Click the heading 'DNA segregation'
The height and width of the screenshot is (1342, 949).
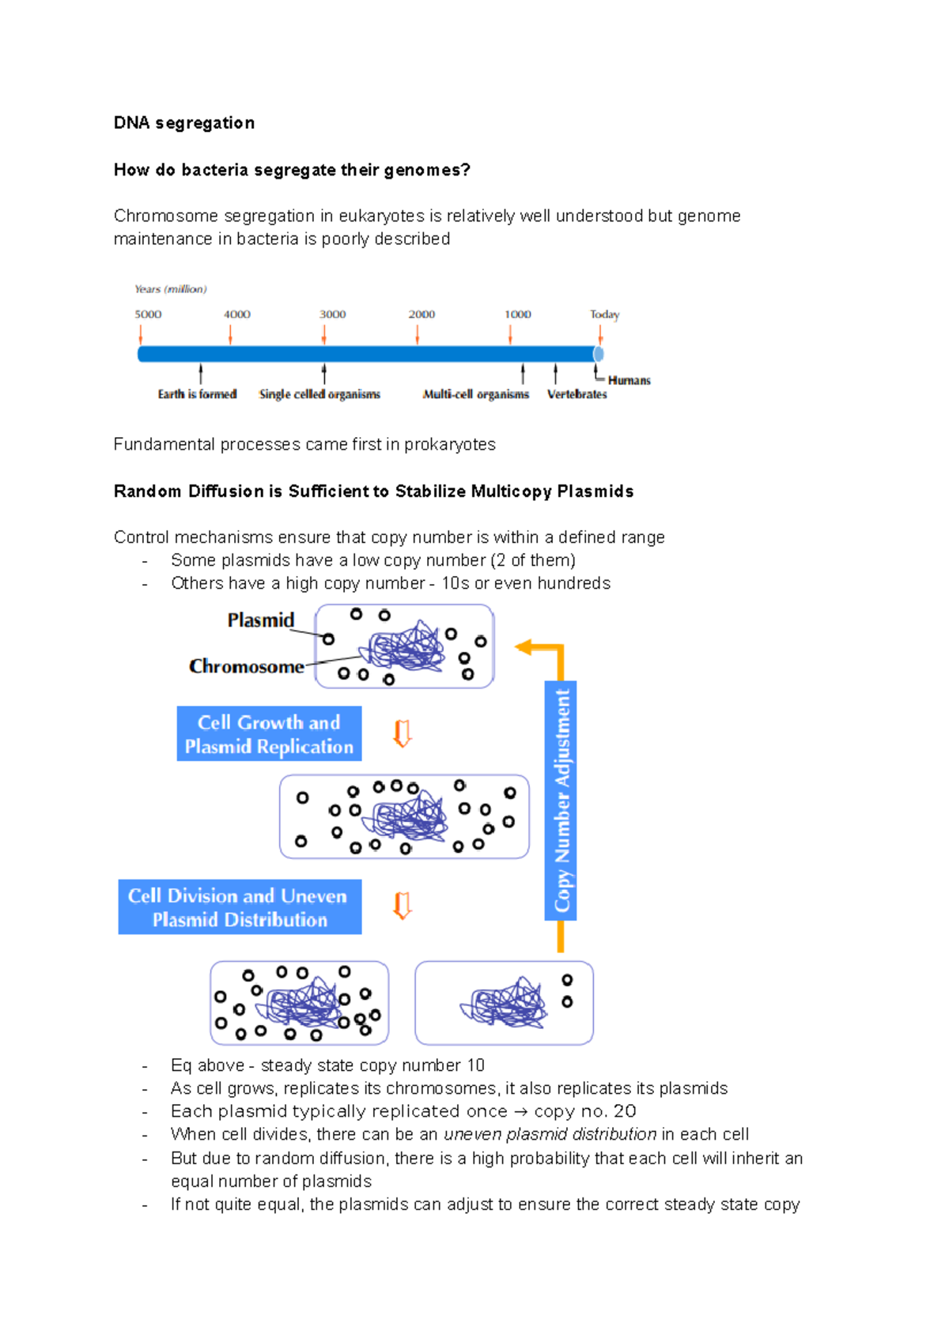(183, 123)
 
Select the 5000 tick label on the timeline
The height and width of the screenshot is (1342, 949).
(148, 315)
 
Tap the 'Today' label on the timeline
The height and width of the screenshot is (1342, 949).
(604, 315)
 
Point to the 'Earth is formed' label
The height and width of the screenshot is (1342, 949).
(197, 394)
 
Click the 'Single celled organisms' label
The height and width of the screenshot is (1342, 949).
(319, 394)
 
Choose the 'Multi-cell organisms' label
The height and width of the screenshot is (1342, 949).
(475, 394)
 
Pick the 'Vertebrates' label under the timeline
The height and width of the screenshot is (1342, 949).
(577, 394)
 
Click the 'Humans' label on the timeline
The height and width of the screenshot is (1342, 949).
(629, 380)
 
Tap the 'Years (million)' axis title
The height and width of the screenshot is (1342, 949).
(171, 289)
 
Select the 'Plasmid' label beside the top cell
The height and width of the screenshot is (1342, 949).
(260, 620)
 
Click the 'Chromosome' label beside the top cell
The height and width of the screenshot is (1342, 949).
(246, 667)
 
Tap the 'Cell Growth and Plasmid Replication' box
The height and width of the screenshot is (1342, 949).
(269, 734)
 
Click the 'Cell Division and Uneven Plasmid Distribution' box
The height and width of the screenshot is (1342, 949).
(240, 907)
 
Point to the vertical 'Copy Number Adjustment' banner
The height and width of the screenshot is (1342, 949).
(561, 800)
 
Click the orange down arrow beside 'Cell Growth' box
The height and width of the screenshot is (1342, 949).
(403, 733)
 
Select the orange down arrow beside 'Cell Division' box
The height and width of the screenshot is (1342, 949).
(403, 906)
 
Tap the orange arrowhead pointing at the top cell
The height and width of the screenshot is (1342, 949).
(524, 648)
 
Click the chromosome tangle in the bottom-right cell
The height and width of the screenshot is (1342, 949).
(505, 1004)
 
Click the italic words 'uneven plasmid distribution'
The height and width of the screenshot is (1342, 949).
(550, 1135)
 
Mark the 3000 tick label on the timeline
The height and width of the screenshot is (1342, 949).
(332, 315)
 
